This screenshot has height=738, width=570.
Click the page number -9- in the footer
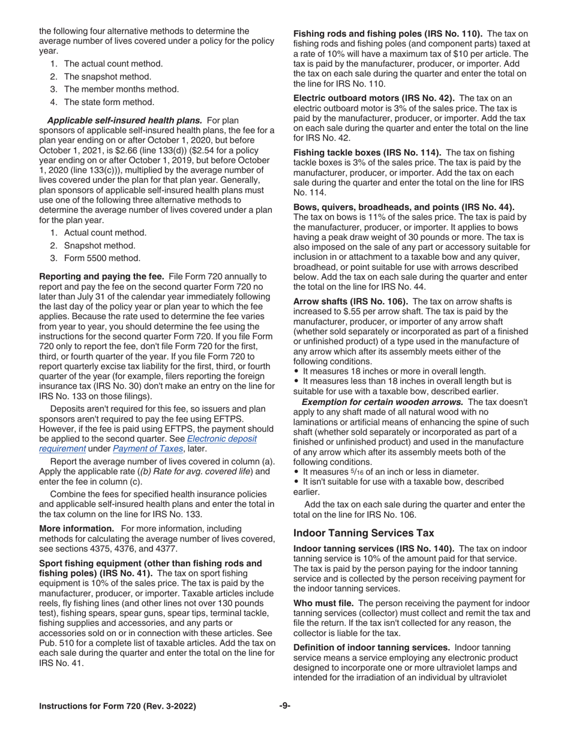pos(284,706)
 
